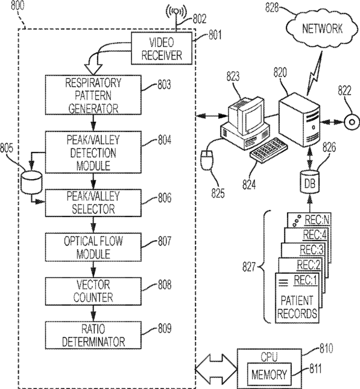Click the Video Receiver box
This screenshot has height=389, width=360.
(x=161, y=48)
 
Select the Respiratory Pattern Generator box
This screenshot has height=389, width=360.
(x=93, y=95)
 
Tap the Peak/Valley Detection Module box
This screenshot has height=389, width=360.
(x=93, y=153)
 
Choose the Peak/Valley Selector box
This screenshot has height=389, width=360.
(x=93, y=203)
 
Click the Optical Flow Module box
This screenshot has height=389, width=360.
(x=93, y=247)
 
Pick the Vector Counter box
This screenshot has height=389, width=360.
(x=93, y=291)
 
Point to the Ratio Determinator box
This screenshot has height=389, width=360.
(x=93, y=335)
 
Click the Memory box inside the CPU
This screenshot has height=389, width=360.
(x=269, y=375)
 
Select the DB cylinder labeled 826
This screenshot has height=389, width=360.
(x=309, y=182)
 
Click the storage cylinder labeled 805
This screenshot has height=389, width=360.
(x=31, y=182)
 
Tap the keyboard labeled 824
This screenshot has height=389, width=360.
(x=269, y=150)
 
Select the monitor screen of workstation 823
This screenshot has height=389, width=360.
(x=253, y=116)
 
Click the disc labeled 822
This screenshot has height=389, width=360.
(x=352, y=122)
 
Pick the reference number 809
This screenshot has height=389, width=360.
(x=165, y=328)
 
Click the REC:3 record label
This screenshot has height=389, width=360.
(x=312, y=250)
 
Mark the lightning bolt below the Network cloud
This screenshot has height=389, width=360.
(x=315, y=73)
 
